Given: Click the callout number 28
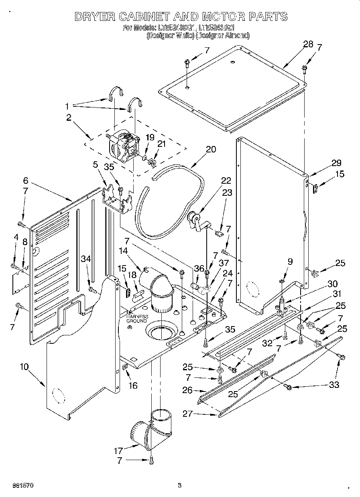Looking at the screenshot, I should pyautogui.click(x=308, y=45).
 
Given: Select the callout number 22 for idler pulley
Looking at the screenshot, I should pyautogui.click(x=226, y=181).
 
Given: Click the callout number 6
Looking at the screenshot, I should pyautogui.click(x=25, y=181).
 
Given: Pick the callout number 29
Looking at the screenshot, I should pyautogui.click(x=336, y=163).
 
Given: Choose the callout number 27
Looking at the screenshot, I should pyautogui.click(x=188, y=414).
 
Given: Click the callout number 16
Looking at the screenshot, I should pyautogui.click(x=132, y=385).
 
